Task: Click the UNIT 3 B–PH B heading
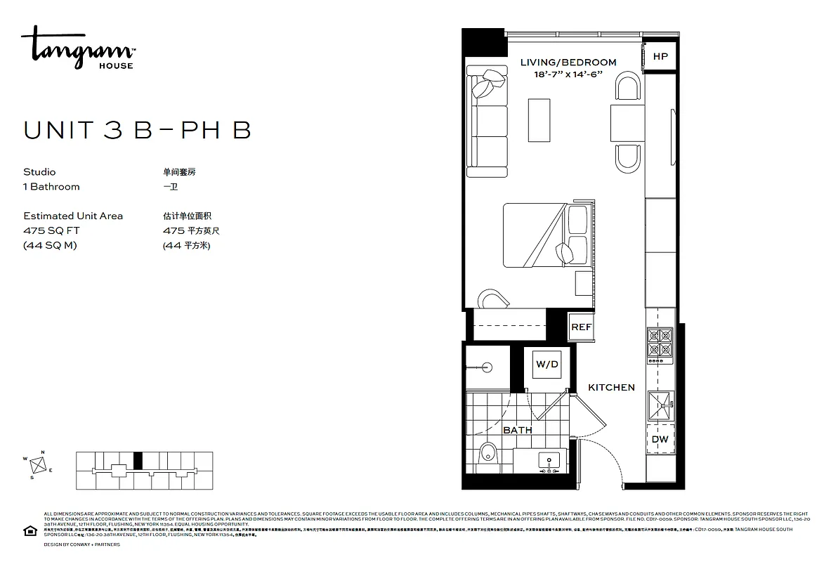[x=137, y=131]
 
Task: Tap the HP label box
[x=660, y=57]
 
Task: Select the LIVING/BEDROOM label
[x=568, y=63]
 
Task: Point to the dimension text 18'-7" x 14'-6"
[x=568, y=74]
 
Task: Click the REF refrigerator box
[x=581, y=327]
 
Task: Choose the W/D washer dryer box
[x=547, y=365]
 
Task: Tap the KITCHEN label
[x=611, y=387]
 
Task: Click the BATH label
[x=517, y=430]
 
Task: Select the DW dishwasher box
[x=660, y=440]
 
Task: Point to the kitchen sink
[x=660, y=404]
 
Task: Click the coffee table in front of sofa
[x=539, y=119]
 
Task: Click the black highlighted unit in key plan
[x=138, y=460]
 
